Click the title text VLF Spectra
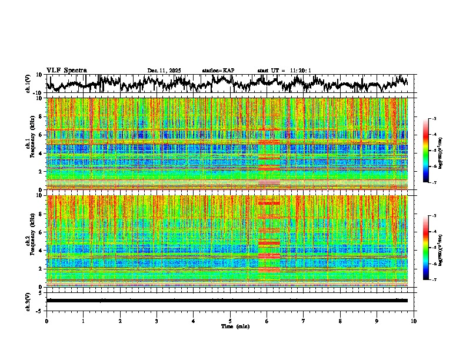coord(66,70)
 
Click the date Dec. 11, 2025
coord(164,71)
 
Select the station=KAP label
coord(218,71)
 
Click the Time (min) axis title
coord(230,326)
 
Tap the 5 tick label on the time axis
coord(230,321)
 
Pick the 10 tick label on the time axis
coord(414,321)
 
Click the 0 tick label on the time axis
coord(46,321)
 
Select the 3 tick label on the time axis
coord(157,321)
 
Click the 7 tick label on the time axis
coord(304,321)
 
